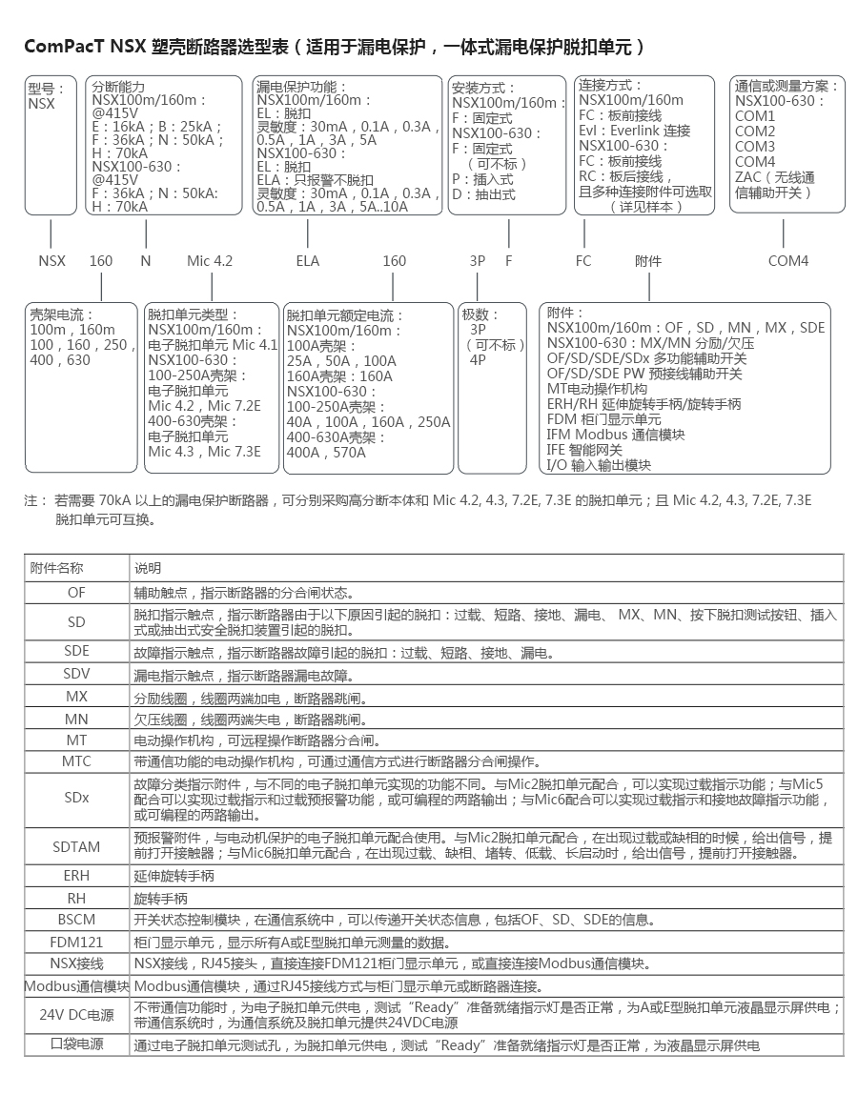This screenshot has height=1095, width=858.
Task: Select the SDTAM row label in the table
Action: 76,845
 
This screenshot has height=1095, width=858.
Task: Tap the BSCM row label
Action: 76,920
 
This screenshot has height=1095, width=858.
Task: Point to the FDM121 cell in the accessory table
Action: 76,942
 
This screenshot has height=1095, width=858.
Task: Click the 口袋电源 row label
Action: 76,1044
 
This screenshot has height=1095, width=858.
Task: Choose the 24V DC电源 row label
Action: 76,1015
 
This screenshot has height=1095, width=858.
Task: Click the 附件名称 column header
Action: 57,568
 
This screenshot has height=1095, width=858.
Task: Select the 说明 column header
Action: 148,568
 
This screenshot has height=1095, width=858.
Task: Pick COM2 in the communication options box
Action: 755,132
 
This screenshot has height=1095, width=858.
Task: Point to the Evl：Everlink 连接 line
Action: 634,131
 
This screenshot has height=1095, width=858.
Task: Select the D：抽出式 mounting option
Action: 483,194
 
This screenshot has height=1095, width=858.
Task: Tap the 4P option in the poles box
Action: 478,360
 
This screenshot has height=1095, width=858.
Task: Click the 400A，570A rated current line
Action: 326,453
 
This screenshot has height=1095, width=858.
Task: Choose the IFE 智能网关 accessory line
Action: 584,450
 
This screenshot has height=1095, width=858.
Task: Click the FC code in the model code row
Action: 583,260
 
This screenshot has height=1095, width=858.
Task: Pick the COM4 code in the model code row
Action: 788,260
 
